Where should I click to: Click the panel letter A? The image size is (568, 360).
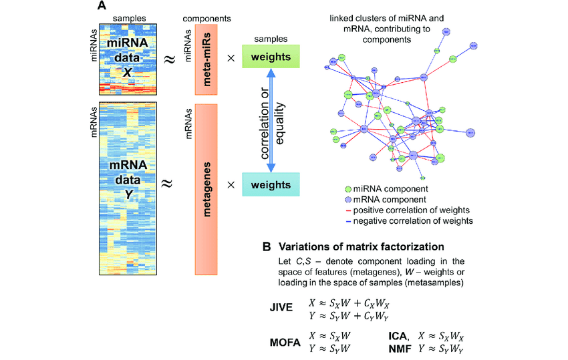pyautogui.click(x=101, y=6)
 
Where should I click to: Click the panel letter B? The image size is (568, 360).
pyautogui.click(x=266, y=246)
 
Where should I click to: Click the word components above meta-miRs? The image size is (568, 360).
pyautogui.click(x=207, y=13)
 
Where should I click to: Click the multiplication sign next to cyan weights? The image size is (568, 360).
pyautogui.click(x=231, y=183)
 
